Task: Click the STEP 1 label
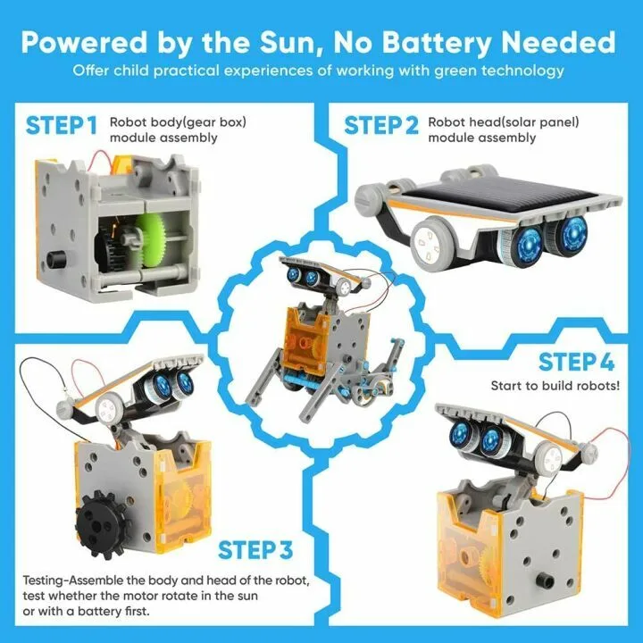pos(62,125)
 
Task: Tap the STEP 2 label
pos(381,125)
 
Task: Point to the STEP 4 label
pos(577,363)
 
